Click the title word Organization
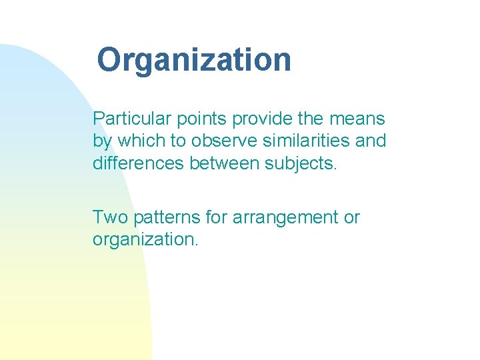(x=194, y=60)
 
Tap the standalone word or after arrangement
(x=351, y=218)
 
